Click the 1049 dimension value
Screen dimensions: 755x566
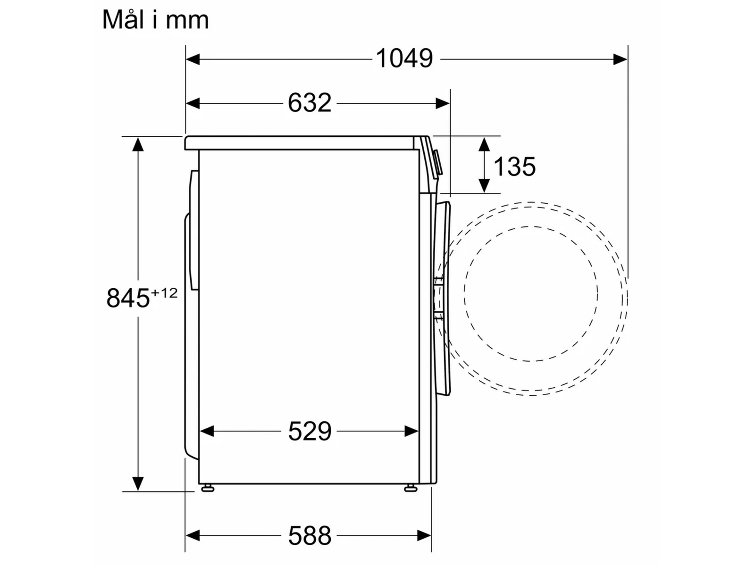click(x=404, y=58)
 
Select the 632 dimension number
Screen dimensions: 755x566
click(x=310, y=103)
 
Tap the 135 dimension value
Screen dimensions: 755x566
click(x=514, y=166)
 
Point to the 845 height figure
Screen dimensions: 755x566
click(x=128, y=298)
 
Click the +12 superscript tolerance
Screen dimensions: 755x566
click(x=164, y=293)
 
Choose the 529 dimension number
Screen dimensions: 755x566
click(x=310, y=431)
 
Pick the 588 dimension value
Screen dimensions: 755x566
click(x=310, y=535)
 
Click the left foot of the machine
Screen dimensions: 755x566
click(x=208, y=488)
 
